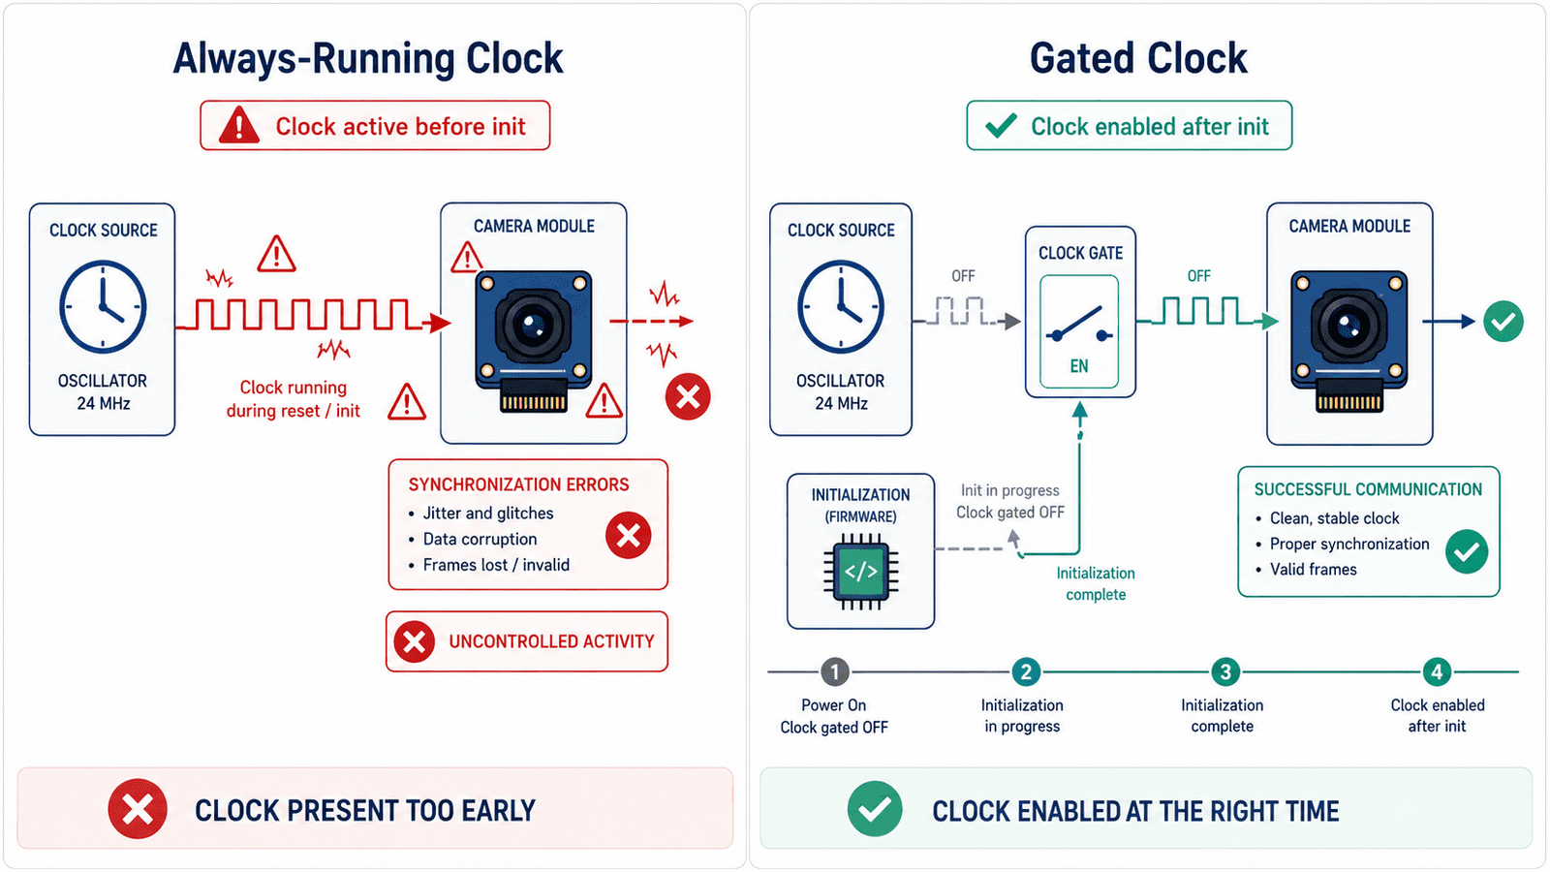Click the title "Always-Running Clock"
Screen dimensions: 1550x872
point(368,58)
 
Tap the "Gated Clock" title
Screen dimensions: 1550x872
point(1138,58)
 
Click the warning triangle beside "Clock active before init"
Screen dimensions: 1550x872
point(238,125)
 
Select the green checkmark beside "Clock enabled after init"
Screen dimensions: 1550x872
point(1001,125)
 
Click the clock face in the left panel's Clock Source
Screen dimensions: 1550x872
point(103,306)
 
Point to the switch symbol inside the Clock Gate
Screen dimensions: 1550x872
point(1079,326)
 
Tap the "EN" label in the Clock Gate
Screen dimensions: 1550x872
point(1079,366)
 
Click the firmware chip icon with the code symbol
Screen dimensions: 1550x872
point(861,572)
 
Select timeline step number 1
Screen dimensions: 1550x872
point(834,672)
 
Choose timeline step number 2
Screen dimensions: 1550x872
point(1026,672)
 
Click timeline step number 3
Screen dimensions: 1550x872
point(1225,672)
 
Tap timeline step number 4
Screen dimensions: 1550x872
point(1438,672)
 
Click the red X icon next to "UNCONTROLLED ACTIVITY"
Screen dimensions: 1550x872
point(415,641)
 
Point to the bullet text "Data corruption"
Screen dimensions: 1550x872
point(480,539)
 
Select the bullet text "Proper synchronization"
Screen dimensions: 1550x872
point(1349,544)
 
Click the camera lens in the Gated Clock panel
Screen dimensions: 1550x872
point(1348,325)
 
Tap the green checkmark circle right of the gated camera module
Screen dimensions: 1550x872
point(1503,321)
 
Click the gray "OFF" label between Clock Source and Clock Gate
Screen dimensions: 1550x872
point(963,276)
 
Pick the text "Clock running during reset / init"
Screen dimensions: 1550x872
point(294,399)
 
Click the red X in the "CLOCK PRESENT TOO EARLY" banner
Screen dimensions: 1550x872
point(138,809)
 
